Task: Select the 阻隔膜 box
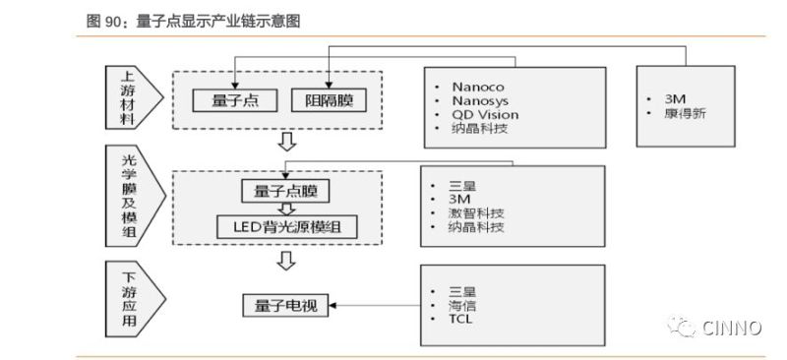pos(329,99)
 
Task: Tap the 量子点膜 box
pos(284,190)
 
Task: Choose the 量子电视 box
pos(284,306)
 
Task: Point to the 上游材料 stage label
pos(126,98)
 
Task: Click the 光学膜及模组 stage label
pos(126,201)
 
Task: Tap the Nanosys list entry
pos(480,100)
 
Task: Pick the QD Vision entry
pos(485,114)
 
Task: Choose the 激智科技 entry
pos(476,213)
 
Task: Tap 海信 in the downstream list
pos(462,305)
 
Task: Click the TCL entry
pos(460,320)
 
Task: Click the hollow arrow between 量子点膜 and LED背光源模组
pos(285,209)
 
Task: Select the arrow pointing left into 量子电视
pos(374,306)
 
